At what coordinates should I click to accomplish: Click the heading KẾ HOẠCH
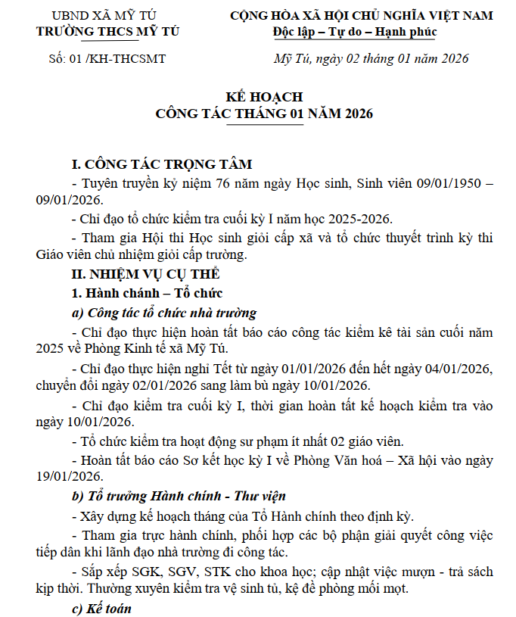point(264,97)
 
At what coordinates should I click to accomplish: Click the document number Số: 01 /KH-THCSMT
point(107,58)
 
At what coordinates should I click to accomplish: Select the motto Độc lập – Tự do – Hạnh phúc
point(355,32)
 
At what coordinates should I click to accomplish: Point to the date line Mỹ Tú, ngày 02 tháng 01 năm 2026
point(371,58)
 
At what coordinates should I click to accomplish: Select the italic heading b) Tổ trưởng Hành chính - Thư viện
point(179,497)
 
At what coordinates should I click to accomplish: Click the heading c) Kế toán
point(101,607)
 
